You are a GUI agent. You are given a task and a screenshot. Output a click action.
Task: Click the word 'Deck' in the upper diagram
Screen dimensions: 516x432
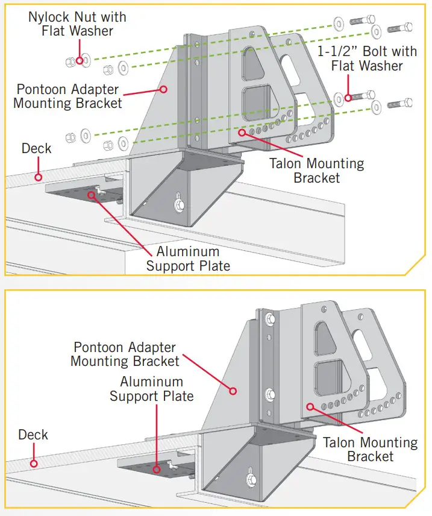tap(36, 148)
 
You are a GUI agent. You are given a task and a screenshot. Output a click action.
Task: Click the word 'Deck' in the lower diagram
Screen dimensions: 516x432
tap(33, 435)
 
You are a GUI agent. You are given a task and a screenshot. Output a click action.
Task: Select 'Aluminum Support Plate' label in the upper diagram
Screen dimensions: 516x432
tap(188, 258)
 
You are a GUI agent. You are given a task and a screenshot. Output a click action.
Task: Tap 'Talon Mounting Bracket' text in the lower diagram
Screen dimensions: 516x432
tap(370, 449)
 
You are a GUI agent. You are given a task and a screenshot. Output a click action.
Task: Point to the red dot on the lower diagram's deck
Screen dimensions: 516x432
tap(34, 464)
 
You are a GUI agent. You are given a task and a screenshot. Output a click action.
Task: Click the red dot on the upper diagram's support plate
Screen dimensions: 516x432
tap(92, 194)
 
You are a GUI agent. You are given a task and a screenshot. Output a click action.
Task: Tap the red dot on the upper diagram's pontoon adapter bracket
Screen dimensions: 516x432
tap(163, 89)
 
